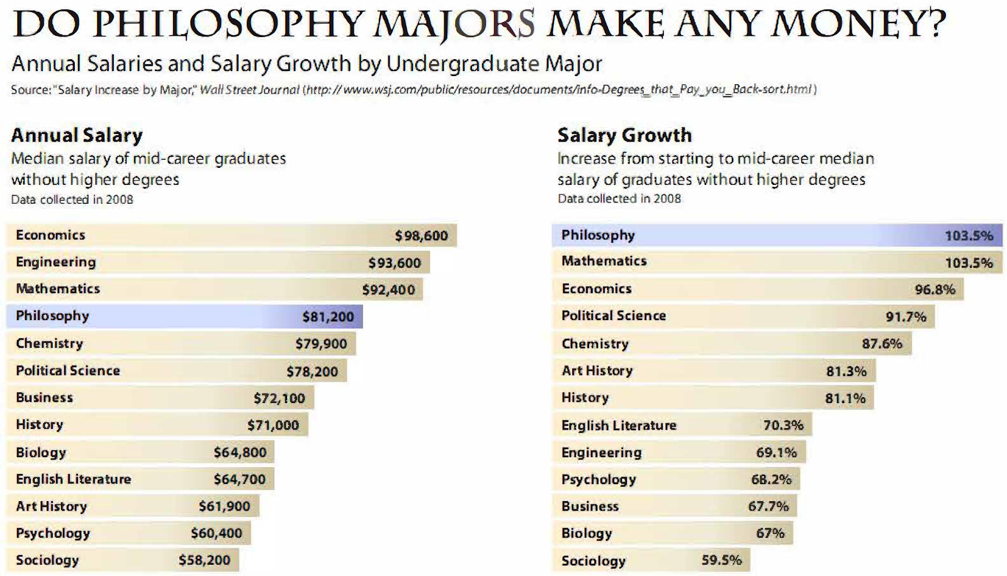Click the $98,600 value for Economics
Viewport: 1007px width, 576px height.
click(x=421, y=236)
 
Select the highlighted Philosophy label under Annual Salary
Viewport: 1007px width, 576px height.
click(x=52, y=316)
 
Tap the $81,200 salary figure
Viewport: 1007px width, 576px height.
click(x=328, y=317)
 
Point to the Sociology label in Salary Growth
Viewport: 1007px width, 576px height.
click(x=593, y=561)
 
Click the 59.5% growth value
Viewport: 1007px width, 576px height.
click(x=721, y=560)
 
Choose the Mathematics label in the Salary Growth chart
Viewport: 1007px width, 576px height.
click(x=604, y=261)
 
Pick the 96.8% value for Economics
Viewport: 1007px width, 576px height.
click(x=935, y=289)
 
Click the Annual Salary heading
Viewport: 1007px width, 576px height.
click(x=77, y=135)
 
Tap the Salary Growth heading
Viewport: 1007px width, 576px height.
click(x=624, y=135)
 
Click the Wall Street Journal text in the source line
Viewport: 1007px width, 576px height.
click(x=249, y=90)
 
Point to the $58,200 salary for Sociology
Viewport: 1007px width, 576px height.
click(x=204, y=560)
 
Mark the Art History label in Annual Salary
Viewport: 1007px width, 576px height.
click(x=51, y=506)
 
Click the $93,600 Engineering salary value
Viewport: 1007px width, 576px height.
click(x=395, y=263)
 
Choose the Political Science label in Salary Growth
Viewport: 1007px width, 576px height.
click(x=613, y=316)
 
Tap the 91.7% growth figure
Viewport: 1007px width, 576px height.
click(x=906, y=317)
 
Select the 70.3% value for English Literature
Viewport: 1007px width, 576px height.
click(x=783, y=425)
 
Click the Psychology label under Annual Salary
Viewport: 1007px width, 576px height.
click(x=53, y=533)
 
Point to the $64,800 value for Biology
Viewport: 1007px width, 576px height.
click(x=240, y=452)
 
